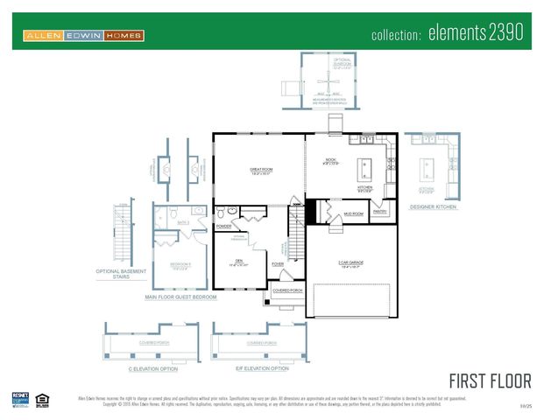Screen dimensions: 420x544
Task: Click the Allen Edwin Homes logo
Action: [84, 36]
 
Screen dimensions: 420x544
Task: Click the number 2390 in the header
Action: [502, 34]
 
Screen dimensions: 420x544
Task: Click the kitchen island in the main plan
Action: [365, 166]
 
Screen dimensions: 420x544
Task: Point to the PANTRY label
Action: [380, 211]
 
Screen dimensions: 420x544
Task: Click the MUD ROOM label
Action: [353, 213]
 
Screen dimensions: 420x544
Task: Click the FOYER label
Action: [277, 263]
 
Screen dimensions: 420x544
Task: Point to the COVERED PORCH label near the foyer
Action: [287, 290]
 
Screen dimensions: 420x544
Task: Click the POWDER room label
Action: [223, 226]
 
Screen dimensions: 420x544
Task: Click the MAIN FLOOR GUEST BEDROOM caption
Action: [180, 297]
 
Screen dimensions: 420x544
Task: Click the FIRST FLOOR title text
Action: [490, 381]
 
